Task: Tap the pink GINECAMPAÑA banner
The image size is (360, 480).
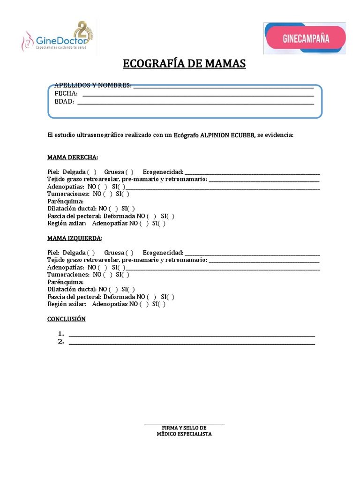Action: tap(306, 38)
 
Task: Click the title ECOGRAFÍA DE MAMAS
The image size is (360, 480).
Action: tap(184, 64)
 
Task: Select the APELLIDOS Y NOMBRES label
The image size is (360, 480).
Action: tap(93, 85)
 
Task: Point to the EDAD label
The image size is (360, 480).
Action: tap(64, 101)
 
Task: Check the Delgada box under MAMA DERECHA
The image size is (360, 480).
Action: tap(92, 172)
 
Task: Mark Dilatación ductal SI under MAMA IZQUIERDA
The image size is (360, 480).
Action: tap(131, 290)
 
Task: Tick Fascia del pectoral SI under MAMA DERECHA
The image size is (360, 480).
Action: tap(170, 216)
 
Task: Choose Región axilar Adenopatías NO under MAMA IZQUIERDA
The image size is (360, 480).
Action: tap(144, 304)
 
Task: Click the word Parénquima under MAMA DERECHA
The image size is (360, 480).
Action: tap(65, 201)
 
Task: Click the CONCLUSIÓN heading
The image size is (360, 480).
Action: tap(67, 319)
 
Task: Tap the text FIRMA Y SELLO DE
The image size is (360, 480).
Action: tap(184, 428)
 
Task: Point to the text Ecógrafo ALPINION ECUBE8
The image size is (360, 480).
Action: tap(214, 135)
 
